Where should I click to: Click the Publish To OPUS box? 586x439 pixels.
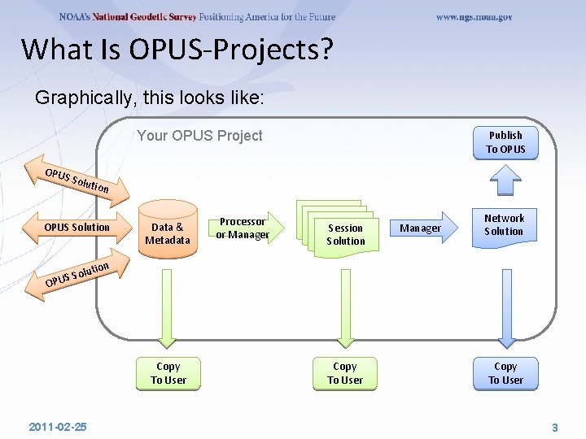tap(505, 142)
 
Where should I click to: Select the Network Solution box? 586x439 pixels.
tap(505, 224)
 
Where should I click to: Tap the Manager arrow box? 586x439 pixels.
tap(421, 228)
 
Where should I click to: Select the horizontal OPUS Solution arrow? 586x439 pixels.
tap(77, 227)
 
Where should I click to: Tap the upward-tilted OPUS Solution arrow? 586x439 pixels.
tap(78, 274)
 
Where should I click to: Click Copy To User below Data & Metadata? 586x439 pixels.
tap(168, 373)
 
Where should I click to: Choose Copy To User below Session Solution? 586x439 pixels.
tap(345, 373)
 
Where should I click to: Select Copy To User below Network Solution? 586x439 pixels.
tap(505, 373)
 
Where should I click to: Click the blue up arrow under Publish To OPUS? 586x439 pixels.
tap(505, 180)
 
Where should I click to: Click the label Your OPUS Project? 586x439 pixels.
tap(199, 136)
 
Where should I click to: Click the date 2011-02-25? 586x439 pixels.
tap(58, 427)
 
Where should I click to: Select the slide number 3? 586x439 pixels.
tap(555, 427)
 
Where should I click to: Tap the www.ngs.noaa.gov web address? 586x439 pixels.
tap(474, 17)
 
